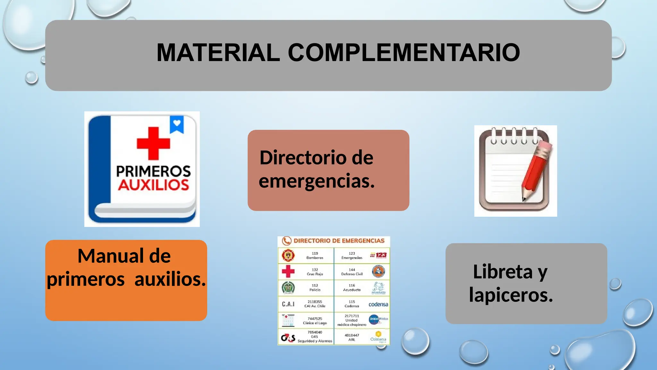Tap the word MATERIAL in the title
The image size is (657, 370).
218,53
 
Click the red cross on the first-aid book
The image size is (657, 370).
153,143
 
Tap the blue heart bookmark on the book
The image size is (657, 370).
177,124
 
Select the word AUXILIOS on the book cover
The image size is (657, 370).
153,185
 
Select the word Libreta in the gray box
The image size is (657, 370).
503,272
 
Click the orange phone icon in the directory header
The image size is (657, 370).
286,241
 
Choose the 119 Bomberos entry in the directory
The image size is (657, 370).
315,255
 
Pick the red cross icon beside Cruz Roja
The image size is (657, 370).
288,271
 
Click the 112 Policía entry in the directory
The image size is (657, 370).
315,287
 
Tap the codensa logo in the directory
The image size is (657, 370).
378,304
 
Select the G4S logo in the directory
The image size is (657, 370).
288,338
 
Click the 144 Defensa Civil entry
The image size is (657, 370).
352,272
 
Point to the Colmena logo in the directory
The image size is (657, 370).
378,337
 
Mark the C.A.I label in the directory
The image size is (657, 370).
288,304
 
